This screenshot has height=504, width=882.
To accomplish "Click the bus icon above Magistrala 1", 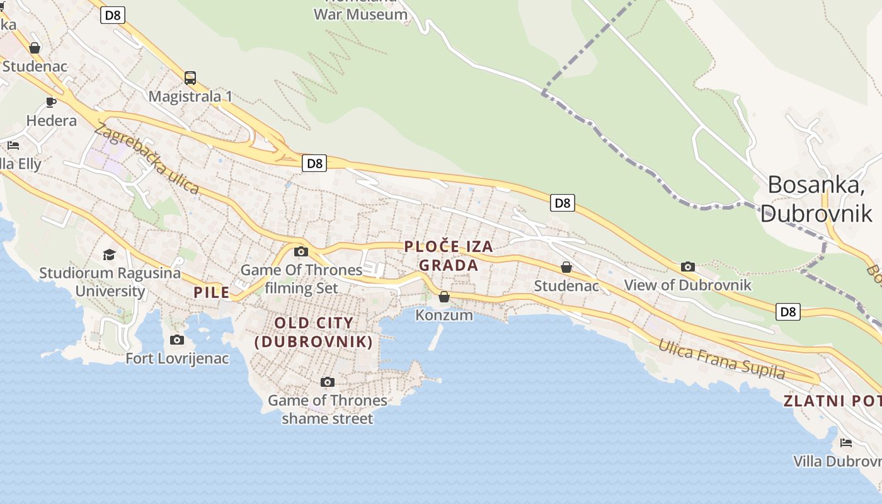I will [x=190, y=78].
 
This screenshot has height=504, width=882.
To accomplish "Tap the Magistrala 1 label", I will [x=190, y=96].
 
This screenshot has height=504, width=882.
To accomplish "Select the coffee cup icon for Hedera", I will [x=51, y=102].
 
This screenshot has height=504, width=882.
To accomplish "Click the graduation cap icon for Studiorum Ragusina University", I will [x=110, y=255].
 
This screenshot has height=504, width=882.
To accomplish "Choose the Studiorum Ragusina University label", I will [x=110, y=282].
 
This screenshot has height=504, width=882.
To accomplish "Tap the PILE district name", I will [x=212, y=292].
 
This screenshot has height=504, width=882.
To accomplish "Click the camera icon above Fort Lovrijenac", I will [x=177, y=340].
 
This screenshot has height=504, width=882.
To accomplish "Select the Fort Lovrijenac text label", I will [x=177, y=358].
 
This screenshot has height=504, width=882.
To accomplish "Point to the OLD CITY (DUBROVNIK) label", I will [x=314, y=333].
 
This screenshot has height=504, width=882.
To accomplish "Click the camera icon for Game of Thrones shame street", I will [x=327, y=382].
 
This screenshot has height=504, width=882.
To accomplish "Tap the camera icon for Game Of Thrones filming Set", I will [x=301, y=252].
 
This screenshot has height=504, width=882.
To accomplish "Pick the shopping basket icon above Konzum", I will [x=444, y=296].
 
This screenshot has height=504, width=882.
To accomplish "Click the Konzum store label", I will [x=444, y=314].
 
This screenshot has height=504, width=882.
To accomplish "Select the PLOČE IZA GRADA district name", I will [x=449, y=256].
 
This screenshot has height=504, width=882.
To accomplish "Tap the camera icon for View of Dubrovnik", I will [x=688, y=266].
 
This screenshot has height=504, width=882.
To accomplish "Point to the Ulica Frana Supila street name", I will [x=722, y=359].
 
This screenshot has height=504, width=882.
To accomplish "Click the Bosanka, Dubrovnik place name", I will [x=816, y=199].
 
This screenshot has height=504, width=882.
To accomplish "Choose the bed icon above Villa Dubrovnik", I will [x=846, y=443].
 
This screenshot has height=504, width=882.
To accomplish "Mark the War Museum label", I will [x=360, y=14].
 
